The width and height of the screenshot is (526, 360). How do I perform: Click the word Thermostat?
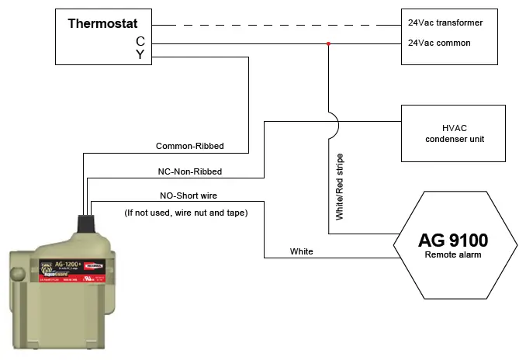tap(102, 23)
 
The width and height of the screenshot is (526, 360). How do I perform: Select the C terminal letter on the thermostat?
tap(140, 40)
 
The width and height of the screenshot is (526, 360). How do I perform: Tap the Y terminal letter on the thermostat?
tap(140, 54)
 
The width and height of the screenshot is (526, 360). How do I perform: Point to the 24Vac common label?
tap(440, 43)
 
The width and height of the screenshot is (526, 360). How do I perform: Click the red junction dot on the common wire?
tap(329, 43)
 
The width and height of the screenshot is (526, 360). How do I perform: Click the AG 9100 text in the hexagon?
tap(454, 239)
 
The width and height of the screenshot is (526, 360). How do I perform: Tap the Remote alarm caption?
tap(454, 254)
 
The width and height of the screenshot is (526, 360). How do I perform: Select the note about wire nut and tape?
tap(186, 212)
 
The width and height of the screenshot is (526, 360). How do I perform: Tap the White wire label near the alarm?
tap(302, 252)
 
